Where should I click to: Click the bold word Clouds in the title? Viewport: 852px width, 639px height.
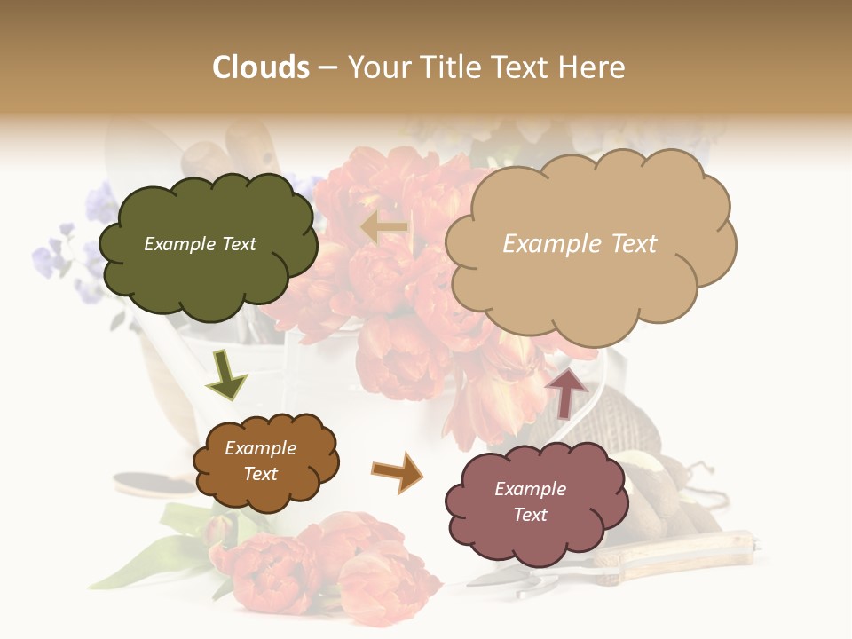point(261,67)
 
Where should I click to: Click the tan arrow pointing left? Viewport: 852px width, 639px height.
point(385,227)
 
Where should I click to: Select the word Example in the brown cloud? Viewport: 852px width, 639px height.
point(260,448)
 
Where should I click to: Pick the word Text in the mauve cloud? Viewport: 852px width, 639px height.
point(530,515)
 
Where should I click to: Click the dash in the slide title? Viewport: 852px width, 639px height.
point(327,67)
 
